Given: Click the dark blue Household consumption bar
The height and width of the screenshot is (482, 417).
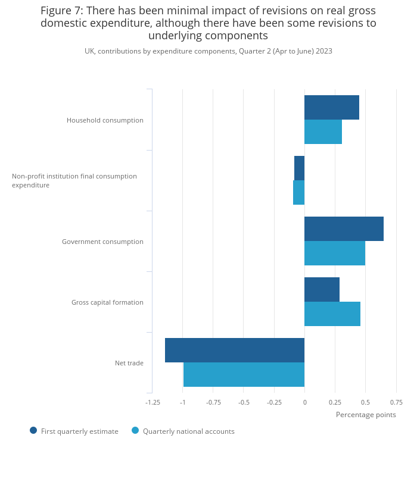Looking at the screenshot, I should pyautogui.click(x=331, y=107).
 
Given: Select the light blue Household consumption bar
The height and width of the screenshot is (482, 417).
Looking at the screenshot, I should pyautogui.click(x=323, y=132).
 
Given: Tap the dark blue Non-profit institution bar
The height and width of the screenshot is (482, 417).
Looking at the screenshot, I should pyautogui.click(x=299, y=168).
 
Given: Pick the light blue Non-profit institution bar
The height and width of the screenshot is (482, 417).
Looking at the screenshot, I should pyautogui.click(x=298, y=192).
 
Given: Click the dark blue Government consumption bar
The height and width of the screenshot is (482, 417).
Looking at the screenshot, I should pyautogui.click(x=344, y=229).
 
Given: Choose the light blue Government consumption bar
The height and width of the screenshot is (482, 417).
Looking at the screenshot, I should pyautogui.click(x=334, y=253).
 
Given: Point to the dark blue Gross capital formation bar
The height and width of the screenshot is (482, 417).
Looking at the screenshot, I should pyautogui.click(x=322, y=289).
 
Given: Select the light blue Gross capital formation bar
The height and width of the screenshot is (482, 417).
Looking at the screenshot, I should pyautogui.click(x=332, y=314).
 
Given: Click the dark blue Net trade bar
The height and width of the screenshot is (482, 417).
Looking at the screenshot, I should pyautogui.click(x=234, y=350).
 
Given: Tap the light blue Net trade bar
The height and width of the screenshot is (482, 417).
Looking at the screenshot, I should pyautogui.click(x=244, y=374).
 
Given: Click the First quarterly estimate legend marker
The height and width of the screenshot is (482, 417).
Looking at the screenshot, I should pyautogui.click(x=33, y=430).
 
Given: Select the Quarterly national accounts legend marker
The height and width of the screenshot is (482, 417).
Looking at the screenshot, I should pyautogui.click(x=135, y=430).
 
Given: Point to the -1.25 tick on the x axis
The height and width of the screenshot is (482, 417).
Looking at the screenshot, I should pyautogui.click(x=153, y=402).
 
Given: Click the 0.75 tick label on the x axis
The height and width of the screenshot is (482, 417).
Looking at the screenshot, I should pyautogui.click(x=396, y=402).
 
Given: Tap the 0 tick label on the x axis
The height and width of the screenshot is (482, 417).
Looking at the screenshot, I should pyautogui.click(x=304, y=402).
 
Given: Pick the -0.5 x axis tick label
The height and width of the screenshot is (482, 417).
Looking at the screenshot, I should pyautogui.click(x=244, y=402).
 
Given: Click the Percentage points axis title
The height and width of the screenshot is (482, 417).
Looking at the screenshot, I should pyautogui.click(x=366, y=415).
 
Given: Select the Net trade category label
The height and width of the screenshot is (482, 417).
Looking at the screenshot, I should pyautogui.click(x=129, y=363).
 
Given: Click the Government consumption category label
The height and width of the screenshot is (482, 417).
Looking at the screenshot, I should pyautogui.click(x=102, y=242).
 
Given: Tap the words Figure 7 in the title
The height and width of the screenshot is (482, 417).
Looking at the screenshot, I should pyautogui.click(x=61, y=11).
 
